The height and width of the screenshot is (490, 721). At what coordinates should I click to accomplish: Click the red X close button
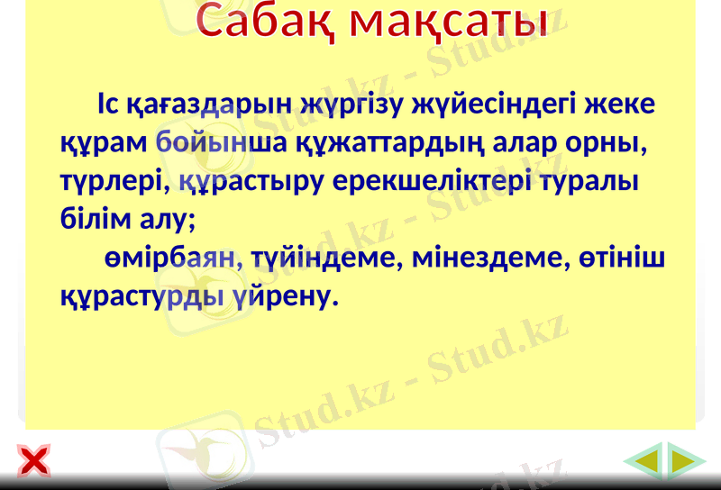coord(33,462)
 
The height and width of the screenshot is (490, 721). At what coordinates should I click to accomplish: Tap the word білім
coord(88,218)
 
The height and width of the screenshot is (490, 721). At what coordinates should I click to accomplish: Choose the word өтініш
coord(622,258)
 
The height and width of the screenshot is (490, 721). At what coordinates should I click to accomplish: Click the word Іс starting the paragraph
coord(107,104)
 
